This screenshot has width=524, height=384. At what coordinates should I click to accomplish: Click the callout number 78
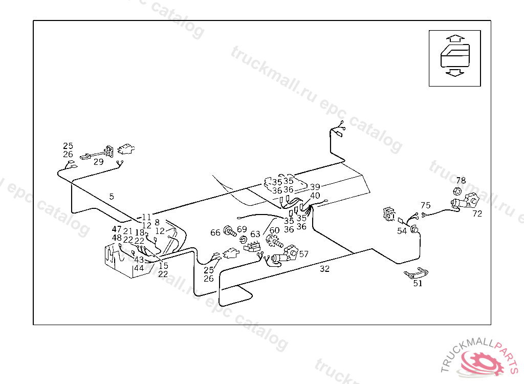(461, 181)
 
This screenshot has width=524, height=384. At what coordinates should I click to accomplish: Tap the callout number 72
(477, 214)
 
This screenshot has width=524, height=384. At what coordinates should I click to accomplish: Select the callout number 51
(418, 284)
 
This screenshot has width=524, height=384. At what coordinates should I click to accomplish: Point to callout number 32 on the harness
(325, 269)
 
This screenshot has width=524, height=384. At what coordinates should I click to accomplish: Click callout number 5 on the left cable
(112, 196)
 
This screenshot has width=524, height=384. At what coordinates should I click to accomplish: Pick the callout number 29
(98, 162)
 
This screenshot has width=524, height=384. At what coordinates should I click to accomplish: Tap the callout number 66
(215, 233)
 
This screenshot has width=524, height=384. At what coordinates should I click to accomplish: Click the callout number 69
(242, 229)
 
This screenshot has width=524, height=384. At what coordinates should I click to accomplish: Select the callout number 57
(304, 254)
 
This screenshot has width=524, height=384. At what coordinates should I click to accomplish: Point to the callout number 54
(402, 231)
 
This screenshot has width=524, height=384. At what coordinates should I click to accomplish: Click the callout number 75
(426, 206)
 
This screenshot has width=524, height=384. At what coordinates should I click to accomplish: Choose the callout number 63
(255, 234)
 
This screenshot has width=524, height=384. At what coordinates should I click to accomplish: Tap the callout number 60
(275, 231)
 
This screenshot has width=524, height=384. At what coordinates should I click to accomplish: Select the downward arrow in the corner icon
(454, 73)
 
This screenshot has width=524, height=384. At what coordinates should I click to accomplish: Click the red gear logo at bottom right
(482, 361)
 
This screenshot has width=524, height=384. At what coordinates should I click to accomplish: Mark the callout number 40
(315, 196)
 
